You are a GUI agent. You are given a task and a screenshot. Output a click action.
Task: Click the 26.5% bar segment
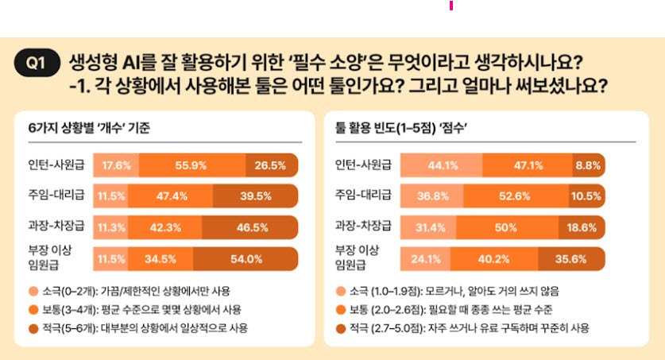coord(271,165)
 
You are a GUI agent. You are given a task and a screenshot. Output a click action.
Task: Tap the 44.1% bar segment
coord(441,165)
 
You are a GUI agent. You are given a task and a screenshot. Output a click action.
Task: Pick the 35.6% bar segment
coord(572,258)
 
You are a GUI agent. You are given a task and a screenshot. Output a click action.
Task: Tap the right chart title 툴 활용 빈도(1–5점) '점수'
coord(400,127)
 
